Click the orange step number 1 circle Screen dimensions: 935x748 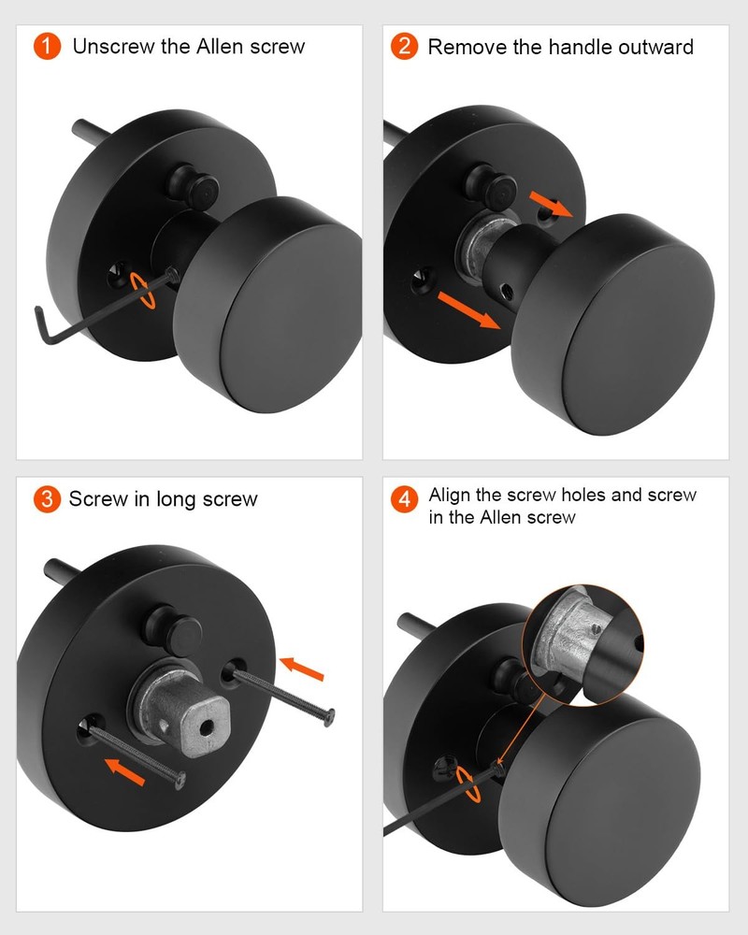[x=48, y=46]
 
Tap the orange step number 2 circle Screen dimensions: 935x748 [x=404, y=46]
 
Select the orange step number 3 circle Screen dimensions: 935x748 [x=48, y=498]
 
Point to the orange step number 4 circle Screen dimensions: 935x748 [x=404, y=499]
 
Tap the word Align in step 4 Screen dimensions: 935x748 [x=451, y=495]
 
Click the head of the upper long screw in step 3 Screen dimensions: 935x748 [x=327, y=717]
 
